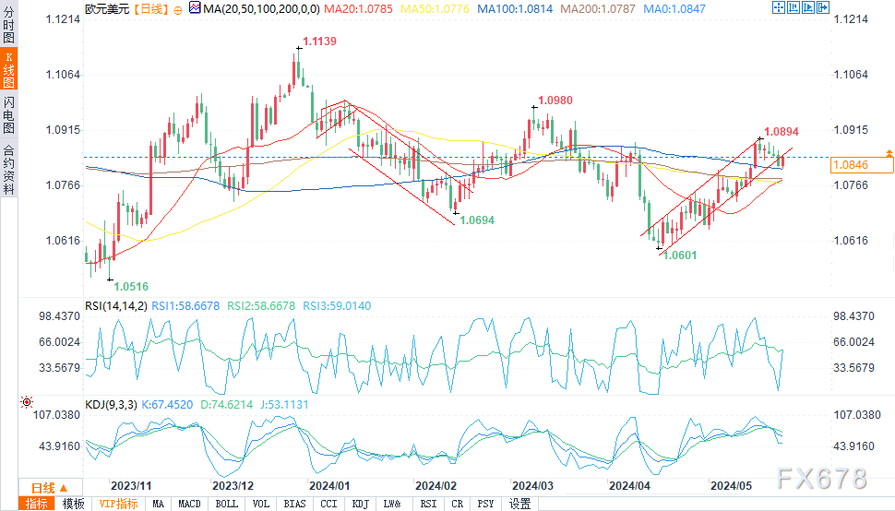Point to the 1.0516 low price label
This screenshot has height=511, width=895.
131,287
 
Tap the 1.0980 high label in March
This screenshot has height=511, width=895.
555,100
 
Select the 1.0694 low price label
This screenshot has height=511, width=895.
478,220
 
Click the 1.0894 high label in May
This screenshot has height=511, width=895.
782,132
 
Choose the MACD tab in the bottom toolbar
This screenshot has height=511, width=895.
189,504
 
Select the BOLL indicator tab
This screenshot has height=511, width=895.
225,504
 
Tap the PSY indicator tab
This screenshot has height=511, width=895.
485,504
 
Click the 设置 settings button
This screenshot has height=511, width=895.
520,504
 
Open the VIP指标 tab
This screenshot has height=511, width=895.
118,504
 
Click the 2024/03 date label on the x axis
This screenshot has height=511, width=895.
532,484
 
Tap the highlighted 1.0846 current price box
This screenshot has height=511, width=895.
863,165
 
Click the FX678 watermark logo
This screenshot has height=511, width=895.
821,478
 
